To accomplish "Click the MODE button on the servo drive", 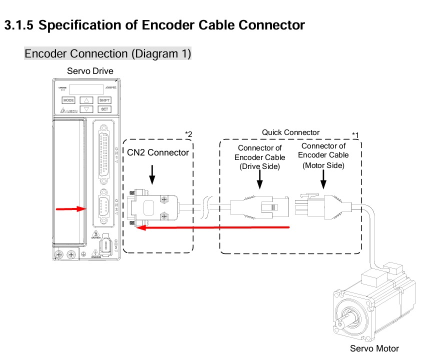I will [68, 100].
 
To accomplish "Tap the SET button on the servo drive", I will [104, 109].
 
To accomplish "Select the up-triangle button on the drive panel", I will [86, 100].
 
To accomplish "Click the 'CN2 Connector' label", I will [158, 152].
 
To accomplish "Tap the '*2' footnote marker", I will [188, 133].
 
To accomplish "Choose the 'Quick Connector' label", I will [290, 132].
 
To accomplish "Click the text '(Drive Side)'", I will [259, 166].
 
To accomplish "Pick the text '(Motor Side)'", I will [323, 164].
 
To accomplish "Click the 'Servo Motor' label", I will [374, 348].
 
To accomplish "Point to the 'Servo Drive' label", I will [90, 71].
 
